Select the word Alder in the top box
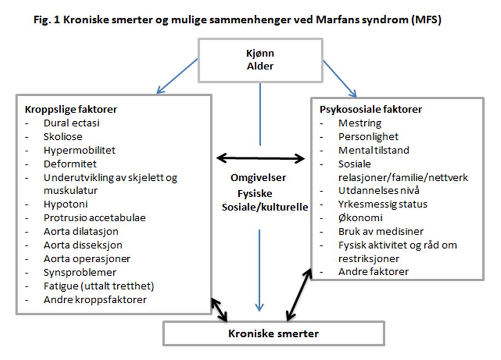[260, 67]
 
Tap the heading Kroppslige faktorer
[67, 109]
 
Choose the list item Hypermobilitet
[80, 150]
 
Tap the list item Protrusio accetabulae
[95, 217]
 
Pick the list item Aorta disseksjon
[83, 245]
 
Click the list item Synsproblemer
[80, 272]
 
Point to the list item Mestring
[359, 123]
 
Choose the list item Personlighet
[368, 137]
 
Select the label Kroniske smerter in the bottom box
[274, 333]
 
